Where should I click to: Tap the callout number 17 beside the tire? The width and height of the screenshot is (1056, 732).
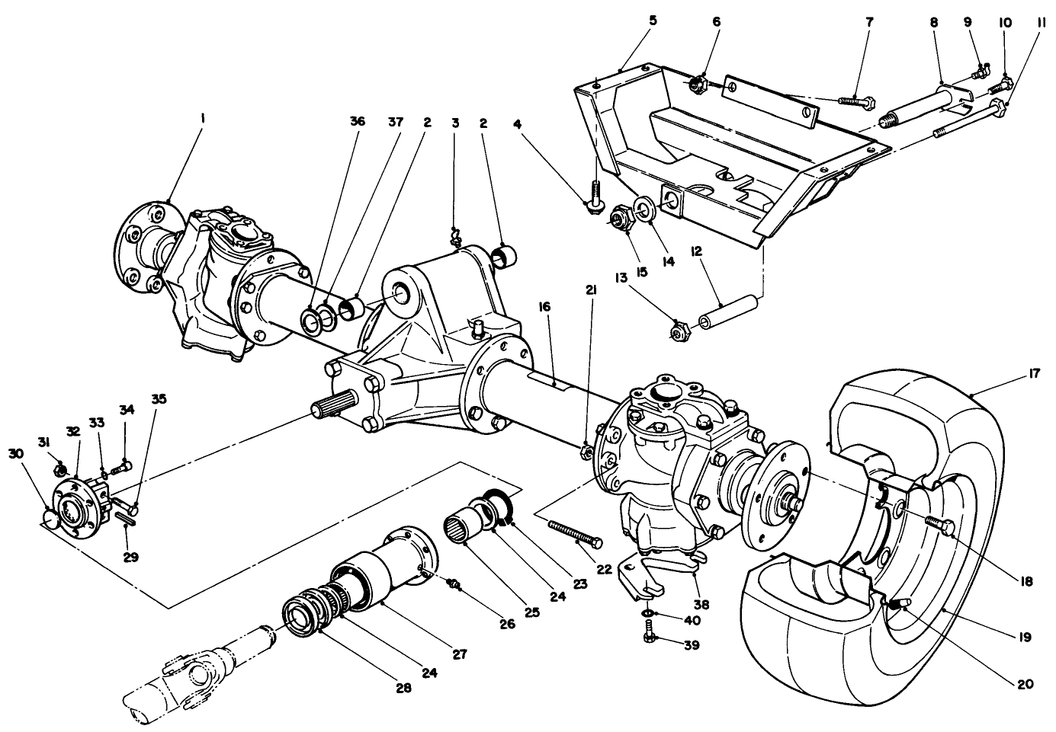click(x=1034, y=375)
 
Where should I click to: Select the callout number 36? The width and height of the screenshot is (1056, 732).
click(x=358, y=121)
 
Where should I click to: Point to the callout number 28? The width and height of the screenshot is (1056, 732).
click(x=403, y=687)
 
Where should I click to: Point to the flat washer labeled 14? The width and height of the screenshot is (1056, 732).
click(x=642, y=209)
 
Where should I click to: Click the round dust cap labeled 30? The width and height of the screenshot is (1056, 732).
click(x=50, y=518)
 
